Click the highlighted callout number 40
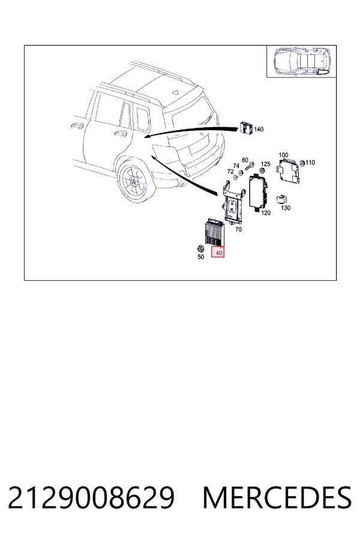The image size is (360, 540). point(219,253)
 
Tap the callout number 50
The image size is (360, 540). point(201,257)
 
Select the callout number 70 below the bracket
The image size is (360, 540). point(238,229)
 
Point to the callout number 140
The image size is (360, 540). point(259,129)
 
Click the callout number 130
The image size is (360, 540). point(286,208)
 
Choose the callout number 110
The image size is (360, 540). point(310,163)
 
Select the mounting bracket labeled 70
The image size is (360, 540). point(233,202)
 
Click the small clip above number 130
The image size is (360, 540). point(282,199)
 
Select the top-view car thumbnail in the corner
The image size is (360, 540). point(302,61)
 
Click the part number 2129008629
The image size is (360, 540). point(91,498)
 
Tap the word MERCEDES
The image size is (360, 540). point(277,498)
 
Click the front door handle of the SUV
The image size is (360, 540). point(77,125)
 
